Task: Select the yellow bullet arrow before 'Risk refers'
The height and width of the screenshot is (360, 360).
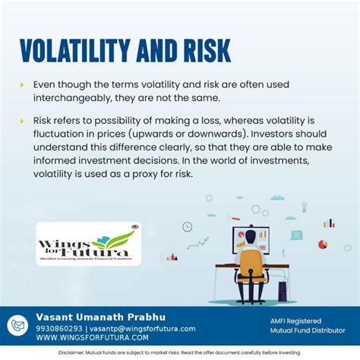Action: click(x=22, y=121)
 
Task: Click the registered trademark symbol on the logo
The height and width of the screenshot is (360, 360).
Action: click(x=135, y=226)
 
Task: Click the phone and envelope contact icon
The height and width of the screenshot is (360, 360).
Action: click(x=17, y=325)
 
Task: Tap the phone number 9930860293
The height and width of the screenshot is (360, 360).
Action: click(x=61, y=329)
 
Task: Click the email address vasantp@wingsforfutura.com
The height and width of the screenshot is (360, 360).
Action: click(x=144, y=329)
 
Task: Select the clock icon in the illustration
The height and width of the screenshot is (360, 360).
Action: click(x=187, y=226)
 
